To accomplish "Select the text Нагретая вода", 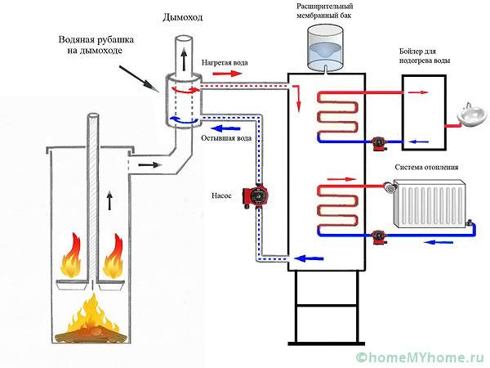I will click(x=226, y=61).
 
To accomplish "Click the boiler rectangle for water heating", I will click(x=424, y=111).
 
